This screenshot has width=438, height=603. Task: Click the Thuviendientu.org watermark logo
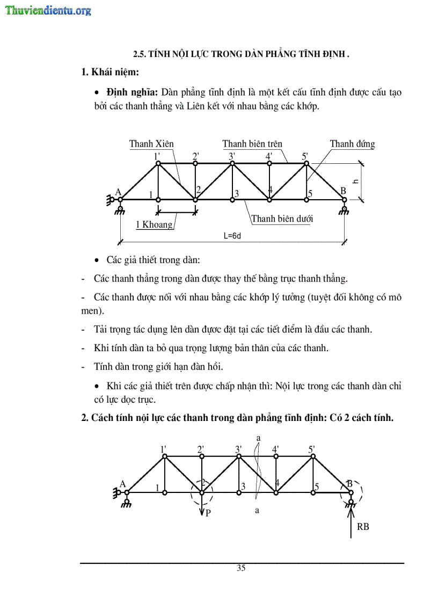(48, 10)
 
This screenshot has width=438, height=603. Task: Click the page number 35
(241, 568)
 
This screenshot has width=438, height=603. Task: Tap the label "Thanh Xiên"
(151, 144)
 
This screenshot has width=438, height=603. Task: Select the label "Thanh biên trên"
(252, 144)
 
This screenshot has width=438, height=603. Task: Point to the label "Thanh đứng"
(352, 144)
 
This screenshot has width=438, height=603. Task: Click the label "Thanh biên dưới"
(282, 219)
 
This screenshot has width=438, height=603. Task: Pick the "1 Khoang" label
(154, 224)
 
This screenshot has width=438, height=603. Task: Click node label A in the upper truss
(118, 193)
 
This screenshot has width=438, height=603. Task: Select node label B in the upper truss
(342, 191)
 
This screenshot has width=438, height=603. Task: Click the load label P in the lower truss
(208, 513)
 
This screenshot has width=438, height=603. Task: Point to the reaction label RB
(363, 527)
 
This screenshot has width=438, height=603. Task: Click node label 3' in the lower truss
(239, 449)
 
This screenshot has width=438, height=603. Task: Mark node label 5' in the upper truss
(305, 157)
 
